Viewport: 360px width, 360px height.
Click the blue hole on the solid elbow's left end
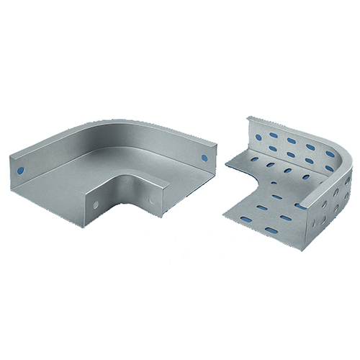[x=20, y=171]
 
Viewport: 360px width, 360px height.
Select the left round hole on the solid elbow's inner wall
[x=95, y=206]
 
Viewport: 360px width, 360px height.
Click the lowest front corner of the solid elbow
[x=87, y=224]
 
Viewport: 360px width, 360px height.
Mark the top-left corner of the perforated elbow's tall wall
[x=248, y=117]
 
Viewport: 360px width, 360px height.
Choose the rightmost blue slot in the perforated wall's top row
[x=329, y=153]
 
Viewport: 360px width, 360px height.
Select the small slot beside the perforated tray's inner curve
[x=277, y=196]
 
